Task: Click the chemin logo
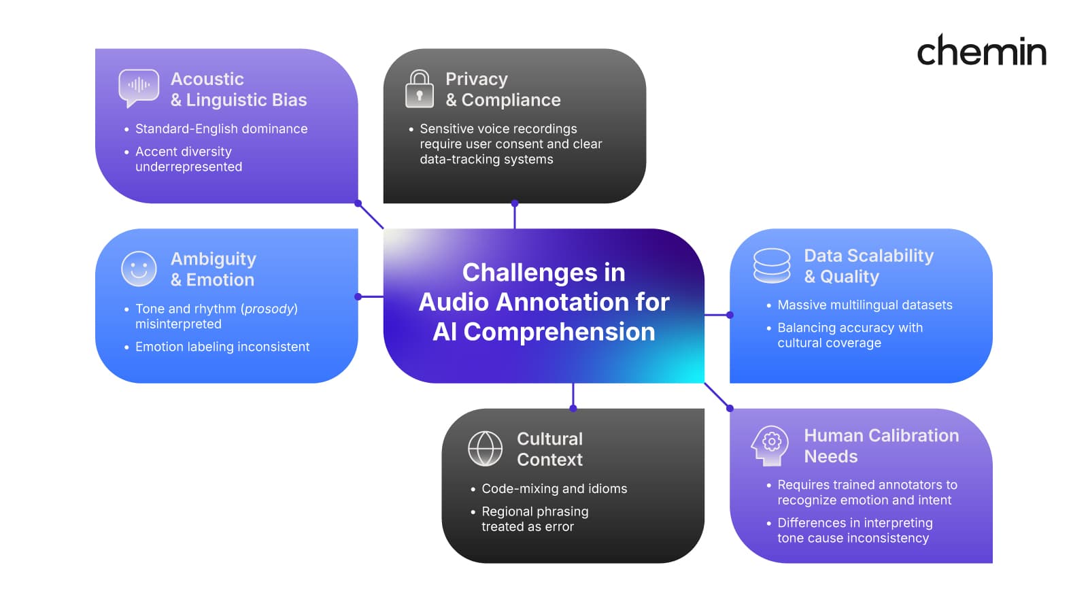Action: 981,51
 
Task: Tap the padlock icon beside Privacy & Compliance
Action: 420,89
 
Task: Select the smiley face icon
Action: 139,269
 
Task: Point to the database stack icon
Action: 772,265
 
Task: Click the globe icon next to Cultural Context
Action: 486,448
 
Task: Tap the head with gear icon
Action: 770,445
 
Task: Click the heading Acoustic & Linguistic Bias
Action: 238,89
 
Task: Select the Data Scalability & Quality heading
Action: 868,266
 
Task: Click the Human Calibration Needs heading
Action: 881,445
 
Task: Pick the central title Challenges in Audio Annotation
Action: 544,302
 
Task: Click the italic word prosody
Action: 269,309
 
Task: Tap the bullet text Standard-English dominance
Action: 221,129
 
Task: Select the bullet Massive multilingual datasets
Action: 864,305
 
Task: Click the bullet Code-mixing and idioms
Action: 554,488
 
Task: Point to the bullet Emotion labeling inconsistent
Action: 222,347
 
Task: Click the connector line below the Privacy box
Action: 515,217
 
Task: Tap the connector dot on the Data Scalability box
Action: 730,315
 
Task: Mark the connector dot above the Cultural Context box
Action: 573,408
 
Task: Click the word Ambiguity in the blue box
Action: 213,259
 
